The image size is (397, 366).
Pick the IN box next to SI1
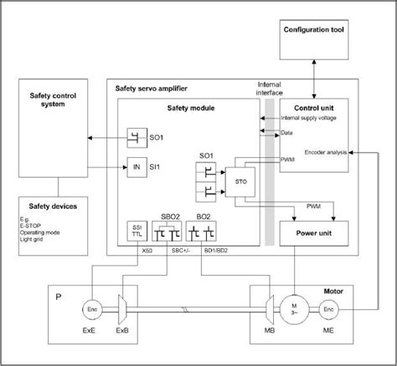(x=137, y=167)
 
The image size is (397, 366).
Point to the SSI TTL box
(x=137, y=231)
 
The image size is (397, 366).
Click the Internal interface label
(x=270, y=89)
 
